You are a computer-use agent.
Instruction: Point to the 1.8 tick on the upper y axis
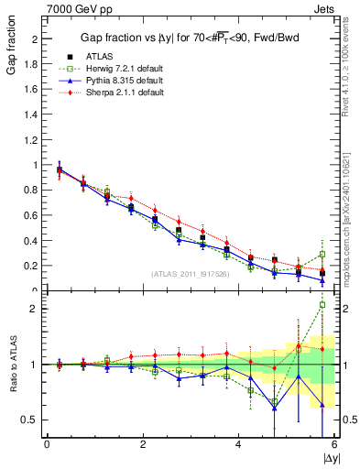coord(31,65)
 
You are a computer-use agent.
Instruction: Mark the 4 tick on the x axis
coord(238,443)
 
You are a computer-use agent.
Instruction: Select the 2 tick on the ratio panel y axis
coord(34,309)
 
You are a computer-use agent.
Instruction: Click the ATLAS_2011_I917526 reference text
coord(189,273)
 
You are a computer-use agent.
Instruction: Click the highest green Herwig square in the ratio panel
coord(322,305)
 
